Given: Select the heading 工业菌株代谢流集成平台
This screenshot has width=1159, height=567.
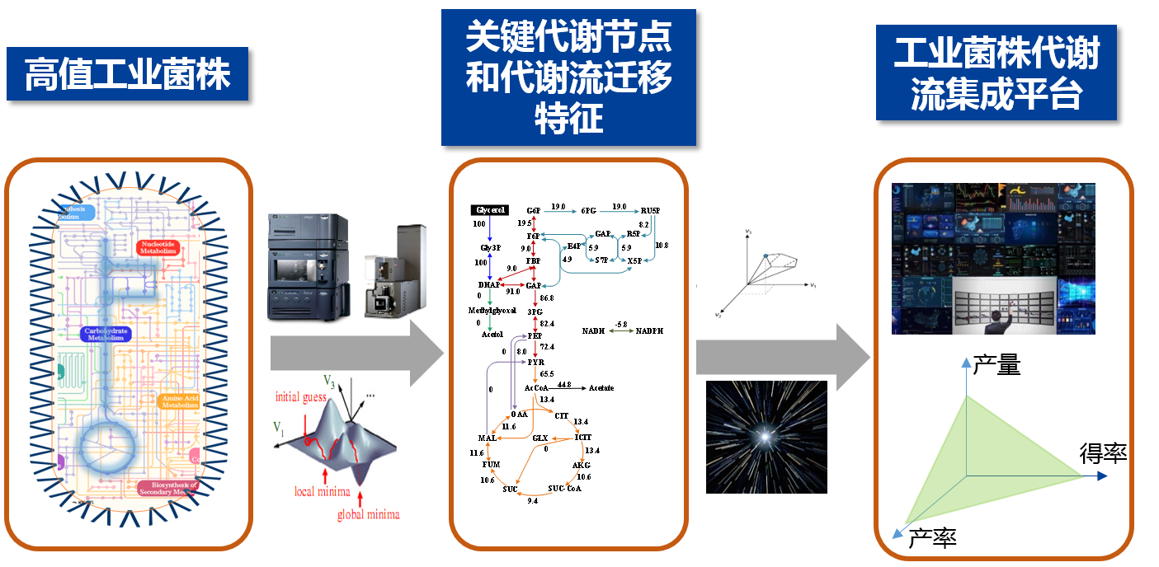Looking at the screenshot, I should [x=996, y=74].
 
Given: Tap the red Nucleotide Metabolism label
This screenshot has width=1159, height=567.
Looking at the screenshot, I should [x=159, y=247].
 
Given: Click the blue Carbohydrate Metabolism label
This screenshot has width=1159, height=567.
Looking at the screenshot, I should [x=106, y=334].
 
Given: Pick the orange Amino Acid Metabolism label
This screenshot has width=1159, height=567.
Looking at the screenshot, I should [x=180, y=401].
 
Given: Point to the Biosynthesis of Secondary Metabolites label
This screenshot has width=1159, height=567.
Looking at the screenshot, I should [x=168, y=489].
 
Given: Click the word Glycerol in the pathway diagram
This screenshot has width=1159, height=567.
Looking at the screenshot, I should [x=490, y=210].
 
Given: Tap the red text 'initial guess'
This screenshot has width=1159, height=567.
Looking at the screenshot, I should [x=301, y=397].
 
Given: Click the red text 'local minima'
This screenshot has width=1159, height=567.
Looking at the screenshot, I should [x=323, y=492].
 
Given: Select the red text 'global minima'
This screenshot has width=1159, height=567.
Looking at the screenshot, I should [x=369, y=515].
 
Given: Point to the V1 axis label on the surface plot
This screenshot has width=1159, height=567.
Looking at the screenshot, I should [x=279, y=428].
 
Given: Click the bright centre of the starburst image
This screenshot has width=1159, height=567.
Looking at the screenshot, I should [x=766, y=435].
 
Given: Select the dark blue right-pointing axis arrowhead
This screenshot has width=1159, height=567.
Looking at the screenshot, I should [x=1100, y=476].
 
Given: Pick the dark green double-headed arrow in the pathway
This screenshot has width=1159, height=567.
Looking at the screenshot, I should [x=621, y=330].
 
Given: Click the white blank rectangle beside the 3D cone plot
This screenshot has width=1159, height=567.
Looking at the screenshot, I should [x=717, y=253].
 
